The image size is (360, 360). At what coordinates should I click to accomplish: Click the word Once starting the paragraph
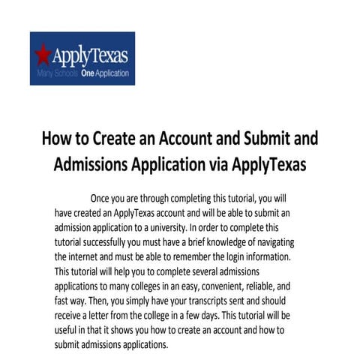[x=104, y=198]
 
